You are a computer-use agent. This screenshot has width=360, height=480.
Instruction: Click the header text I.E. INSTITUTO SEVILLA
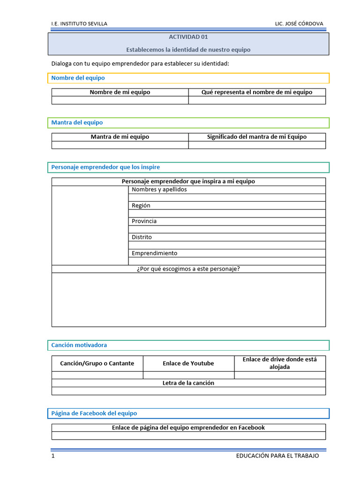tap(79, 24)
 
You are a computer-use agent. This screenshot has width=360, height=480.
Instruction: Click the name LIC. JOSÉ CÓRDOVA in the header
tap(299, 24)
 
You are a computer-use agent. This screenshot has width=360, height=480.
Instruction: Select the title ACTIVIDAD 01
tap(188, 37)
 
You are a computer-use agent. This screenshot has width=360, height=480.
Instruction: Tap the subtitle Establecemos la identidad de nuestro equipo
tap(188, 50)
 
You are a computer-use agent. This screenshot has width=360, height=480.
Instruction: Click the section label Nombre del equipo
tap(78, 78)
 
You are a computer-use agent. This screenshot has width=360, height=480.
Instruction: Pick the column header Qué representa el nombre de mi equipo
tap(256, 92)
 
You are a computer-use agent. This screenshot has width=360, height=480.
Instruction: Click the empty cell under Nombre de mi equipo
tap(120, 100)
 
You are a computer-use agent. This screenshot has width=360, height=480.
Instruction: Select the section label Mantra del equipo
tap(77, 122)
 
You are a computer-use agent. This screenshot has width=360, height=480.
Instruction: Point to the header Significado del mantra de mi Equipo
tap(256, 137)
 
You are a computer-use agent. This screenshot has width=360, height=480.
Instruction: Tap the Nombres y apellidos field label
tap(159, 189)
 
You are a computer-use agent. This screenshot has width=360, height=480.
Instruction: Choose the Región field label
tap(141, 205)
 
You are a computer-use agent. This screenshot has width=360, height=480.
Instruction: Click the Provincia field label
tap(144, 221)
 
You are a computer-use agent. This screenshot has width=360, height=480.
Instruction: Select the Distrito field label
tap(142, 237)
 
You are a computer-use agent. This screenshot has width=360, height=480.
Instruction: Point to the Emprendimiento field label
tap(154, 253)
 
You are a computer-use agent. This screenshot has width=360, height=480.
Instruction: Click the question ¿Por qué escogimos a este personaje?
tap(188, 269)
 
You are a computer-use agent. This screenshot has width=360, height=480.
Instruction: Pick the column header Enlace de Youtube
tap(188, 363)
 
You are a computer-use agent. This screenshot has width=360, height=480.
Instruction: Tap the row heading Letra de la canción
tap(188, 383)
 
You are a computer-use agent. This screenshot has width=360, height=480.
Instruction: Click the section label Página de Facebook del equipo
tap(94, 413)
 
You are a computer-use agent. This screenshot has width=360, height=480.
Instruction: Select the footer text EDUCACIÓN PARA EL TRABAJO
tap(277, 456)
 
